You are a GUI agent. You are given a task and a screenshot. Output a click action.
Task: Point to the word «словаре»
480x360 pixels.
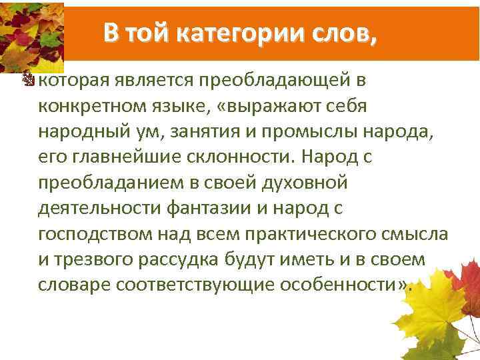pos(74,285)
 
